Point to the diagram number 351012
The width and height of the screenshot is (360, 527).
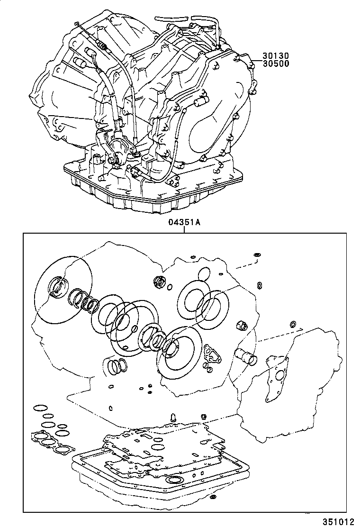pyautogui.click(x=337, y=521)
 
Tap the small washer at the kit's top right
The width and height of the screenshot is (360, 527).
pyautogui.click(x=256, y=255)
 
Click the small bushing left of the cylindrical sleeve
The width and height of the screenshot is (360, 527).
pyautogui.click(x=242, y=326)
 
